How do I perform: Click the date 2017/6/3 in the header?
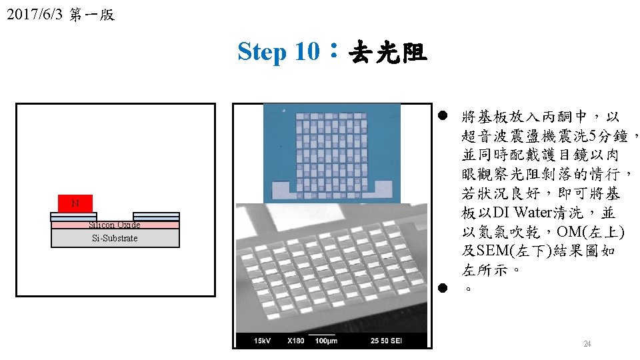point(35,14)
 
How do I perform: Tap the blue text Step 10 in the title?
point(279,52)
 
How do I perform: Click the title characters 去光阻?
point(388,52)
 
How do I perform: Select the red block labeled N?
point(75,203)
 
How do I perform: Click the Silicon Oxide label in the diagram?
point(115,225)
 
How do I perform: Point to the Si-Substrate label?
point(115,238)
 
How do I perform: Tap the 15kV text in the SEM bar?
point(262,341)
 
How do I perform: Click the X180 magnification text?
point(295,341)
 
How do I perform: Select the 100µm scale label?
point(326,341)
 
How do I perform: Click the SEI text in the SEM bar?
point(396,341)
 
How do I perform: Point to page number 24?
point(587,344)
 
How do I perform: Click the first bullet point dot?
point(443,115)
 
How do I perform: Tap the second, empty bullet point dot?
point(443,288)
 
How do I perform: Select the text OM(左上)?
point(591,232)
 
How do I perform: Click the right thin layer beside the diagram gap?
point(156,217)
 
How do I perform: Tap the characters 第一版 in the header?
point(92,15)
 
